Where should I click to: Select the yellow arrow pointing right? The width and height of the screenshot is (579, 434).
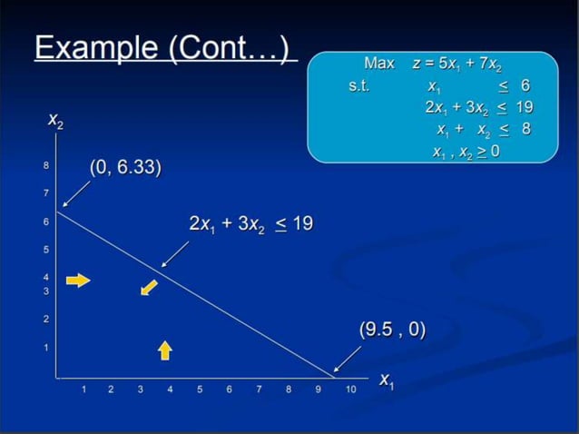(x=79, y=281)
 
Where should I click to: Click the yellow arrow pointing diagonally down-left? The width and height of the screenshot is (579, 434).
(x=148, y=288)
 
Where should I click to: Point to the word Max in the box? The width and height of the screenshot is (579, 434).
(x=378, y=64)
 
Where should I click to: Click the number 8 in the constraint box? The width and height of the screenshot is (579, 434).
(x=525, y=129)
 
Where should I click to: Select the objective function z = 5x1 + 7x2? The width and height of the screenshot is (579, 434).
(x=456, y=64)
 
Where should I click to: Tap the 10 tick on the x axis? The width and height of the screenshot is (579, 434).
(x=349, y=390)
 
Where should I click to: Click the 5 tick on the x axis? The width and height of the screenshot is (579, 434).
(x=200, y=390)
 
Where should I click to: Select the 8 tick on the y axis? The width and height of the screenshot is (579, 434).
(x=46, y=166)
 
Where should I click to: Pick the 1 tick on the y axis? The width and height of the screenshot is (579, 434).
(x=46, y=348)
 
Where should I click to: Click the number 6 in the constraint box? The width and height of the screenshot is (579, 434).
(x=525, y=85)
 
